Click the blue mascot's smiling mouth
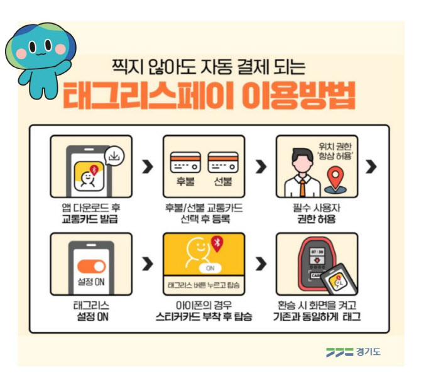pyautogui.click(x=41, y=53)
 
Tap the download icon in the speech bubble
pyautogui.click(x=114, y=155)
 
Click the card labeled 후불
pyautogui.click(x=185, y=162)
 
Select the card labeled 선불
pyautogui.click(x=223, y=162)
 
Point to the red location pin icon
pyautogui.click(x=336, y=177)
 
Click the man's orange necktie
pyautogui.click(x=303, y=187)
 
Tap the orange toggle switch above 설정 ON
pyautogui.click(x=91, y=266)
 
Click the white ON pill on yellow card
pyautogui.click(x=210, y=268)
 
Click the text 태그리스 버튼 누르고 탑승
pyautogui.click(x=204, y=285)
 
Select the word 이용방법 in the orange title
pyautogui.click(x=298, y=96)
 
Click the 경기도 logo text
pyautogui.click(x=368, y=352)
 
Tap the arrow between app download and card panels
pyautogui.click(x=148, y=167)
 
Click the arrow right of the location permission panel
pyautogui.click(x=371, y=167)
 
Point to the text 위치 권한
pyautogui.click(x=335, y=147)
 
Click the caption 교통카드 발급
pyautogui.click(x=90, y=219)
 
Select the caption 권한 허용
pyautogui.click(x=317, y=219)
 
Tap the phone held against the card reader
pyautogui.click(x=339, y=279)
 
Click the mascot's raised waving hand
pyautogui.click(x=65, y=66)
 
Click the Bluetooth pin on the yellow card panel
pyautogui.click(x=217, y=243)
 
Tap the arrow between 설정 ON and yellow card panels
pyautogui.click(x=148, y=264)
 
